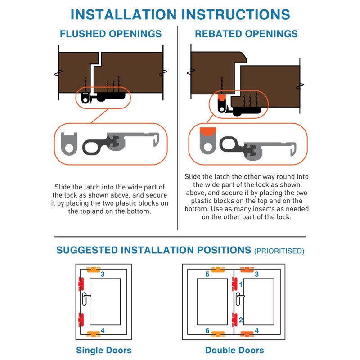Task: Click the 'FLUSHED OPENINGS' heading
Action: coord(111,34)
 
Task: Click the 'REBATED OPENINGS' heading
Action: coord(246,34)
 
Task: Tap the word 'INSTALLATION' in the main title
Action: coord(123,14)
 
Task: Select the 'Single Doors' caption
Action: coord(104,350)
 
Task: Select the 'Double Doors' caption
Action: coord(234,350)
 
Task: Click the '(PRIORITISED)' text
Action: coord(279,251)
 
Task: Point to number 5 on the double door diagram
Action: coord(207,274)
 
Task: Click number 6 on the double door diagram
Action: coord(207,330)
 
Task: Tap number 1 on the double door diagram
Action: coord(241,284)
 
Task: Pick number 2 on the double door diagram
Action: coord(241,319)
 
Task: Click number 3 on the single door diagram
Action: coord(103,274)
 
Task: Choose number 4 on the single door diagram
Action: coord(103,330)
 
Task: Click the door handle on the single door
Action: coord(85,299)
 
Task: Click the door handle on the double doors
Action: coord(238,299)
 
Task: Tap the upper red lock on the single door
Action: coord(81,284)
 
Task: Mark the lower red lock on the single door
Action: coord(81,319)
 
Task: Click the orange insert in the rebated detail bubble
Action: coord(208,131)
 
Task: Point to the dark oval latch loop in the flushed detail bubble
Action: coord(92,147)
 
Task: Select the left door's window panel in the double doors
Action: coord(212,301)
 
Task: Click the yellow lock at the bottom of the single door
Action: coord(94,333)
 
